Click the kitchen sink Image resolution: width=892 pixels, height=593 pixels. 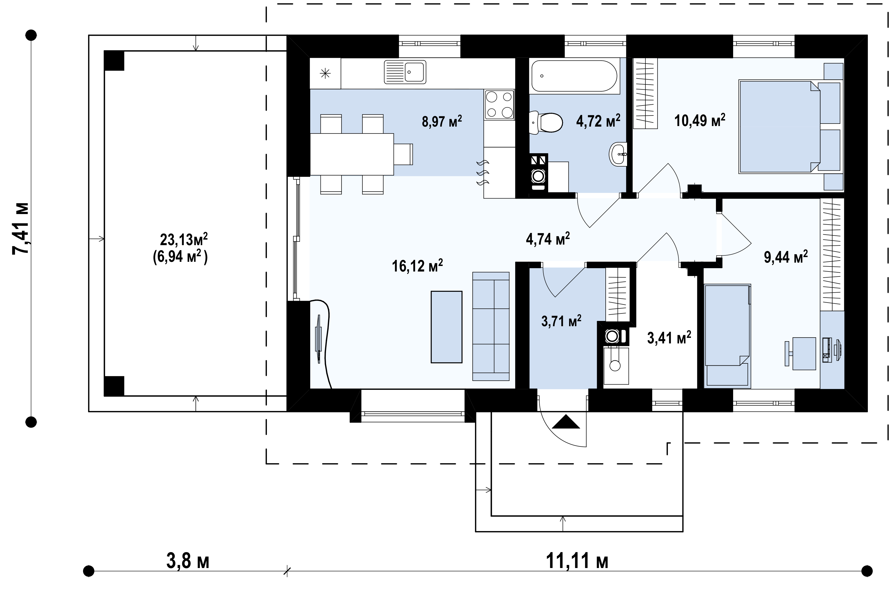click(x=405, y=72)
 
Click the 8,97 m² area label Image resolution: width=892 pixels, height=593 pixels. click(x=442, y=121)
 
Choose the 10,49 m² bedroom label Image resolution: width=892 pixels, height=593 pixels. click(x=700, y=120)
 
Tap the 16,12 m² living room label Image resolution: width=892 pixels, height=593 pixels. click(x=417, y=266)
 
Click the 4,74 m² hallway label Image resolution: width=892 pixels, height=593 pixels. click(x=548, y=239)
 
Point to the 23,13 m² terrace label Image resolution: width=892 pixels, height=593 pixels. click(x=184, y=239)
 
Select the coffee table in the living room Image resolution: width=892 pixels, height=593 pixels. click(x=446, y=327)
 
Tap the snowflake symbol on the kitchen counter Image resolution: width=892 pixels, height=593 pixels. click(x=325, y=73)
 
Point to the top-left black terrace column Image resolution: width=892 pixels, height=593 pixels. click(x=114, y=61)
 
